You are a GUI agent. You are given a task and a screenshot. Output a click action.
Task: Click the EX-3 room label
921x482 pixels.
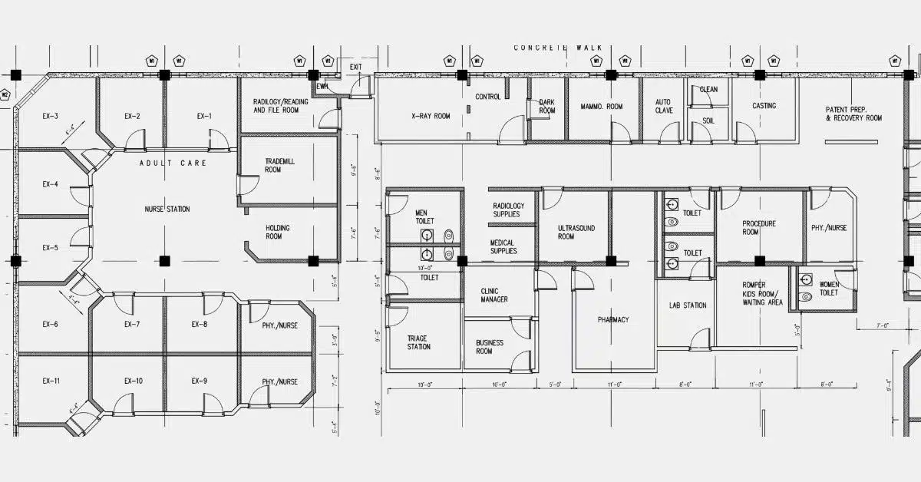(x=50, y=117)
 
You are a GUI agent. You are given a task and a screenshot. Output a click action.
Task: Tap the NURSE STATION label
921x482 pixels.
(x=167, y=210)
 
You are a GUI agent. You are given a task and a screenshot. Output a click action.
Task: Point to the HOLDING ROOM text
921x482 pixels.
(x=278, y=232)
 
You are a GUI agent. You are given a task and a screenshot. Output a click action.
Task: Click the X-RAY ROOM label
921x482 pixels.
(x=431, y=117)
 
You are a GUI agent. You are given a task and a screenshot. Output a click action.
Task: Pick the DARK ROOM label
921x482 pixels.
(x=546, y=106)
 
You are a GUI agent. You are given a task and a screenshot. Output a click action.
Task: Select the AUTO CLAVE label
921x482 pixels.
(x=663, y=106)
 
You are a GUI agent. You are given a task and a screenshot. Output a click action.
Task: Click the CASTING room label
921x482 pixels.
(x=764, y=106)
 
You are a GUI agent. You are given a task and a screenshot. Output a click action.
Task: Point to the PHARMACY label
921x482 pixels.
(x=613, y=319)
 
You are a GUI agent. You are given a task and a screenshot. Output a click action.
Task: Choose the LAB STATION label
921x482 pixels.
(x=687, y=305)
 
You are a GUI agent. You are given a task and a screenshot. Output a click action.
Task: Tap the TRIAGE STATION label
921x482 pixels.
(x=418, y=342)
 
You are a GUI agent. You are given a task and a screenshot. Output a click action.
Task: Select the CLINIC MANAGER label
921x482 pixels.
(x=494, y=295)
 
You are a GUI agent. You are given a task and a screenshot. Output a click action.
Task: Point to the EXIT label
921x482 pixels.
(x=355, y=67)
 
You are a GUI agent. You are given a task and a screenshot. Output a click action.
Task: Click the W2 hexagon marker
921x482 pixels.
(x=5, y=95)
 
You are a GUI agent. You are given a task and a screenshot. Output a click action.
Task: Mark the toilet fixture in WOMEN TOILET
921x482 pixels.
(x=806, y=296)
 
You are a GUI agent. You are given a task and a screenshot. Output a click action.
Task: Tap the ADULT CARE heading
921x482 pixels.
(x=173, y=163)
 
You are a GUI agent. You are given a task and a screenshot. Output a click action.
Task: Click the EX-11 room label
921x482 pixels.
(x=51, y=381)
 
